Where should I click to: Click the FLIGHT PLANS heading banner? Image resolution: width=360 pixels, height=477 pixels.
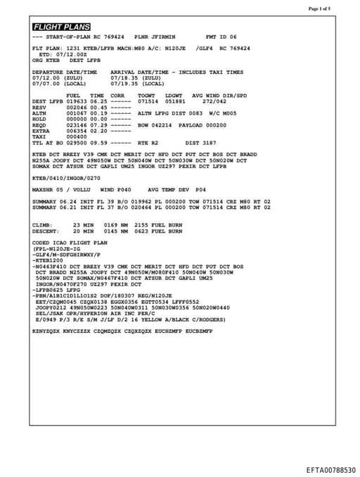[62, 27]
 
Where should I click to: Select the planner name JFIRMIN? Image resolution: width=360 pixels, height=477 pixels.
[162, 36]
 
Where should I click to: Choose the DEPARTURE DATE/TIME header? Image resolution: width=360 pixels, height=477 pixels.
[65, 72]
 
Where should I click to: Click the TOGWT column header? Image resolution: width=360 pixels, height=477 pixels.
[146, 95]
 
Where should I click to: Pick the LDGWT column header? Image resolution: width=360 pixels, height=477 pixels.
[173, 95]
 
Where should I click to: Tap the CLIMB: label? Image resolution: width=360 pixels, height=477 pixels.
[42, 224]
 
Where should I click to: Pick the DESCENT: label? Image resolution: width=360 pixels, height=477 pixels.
[45, 231]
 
